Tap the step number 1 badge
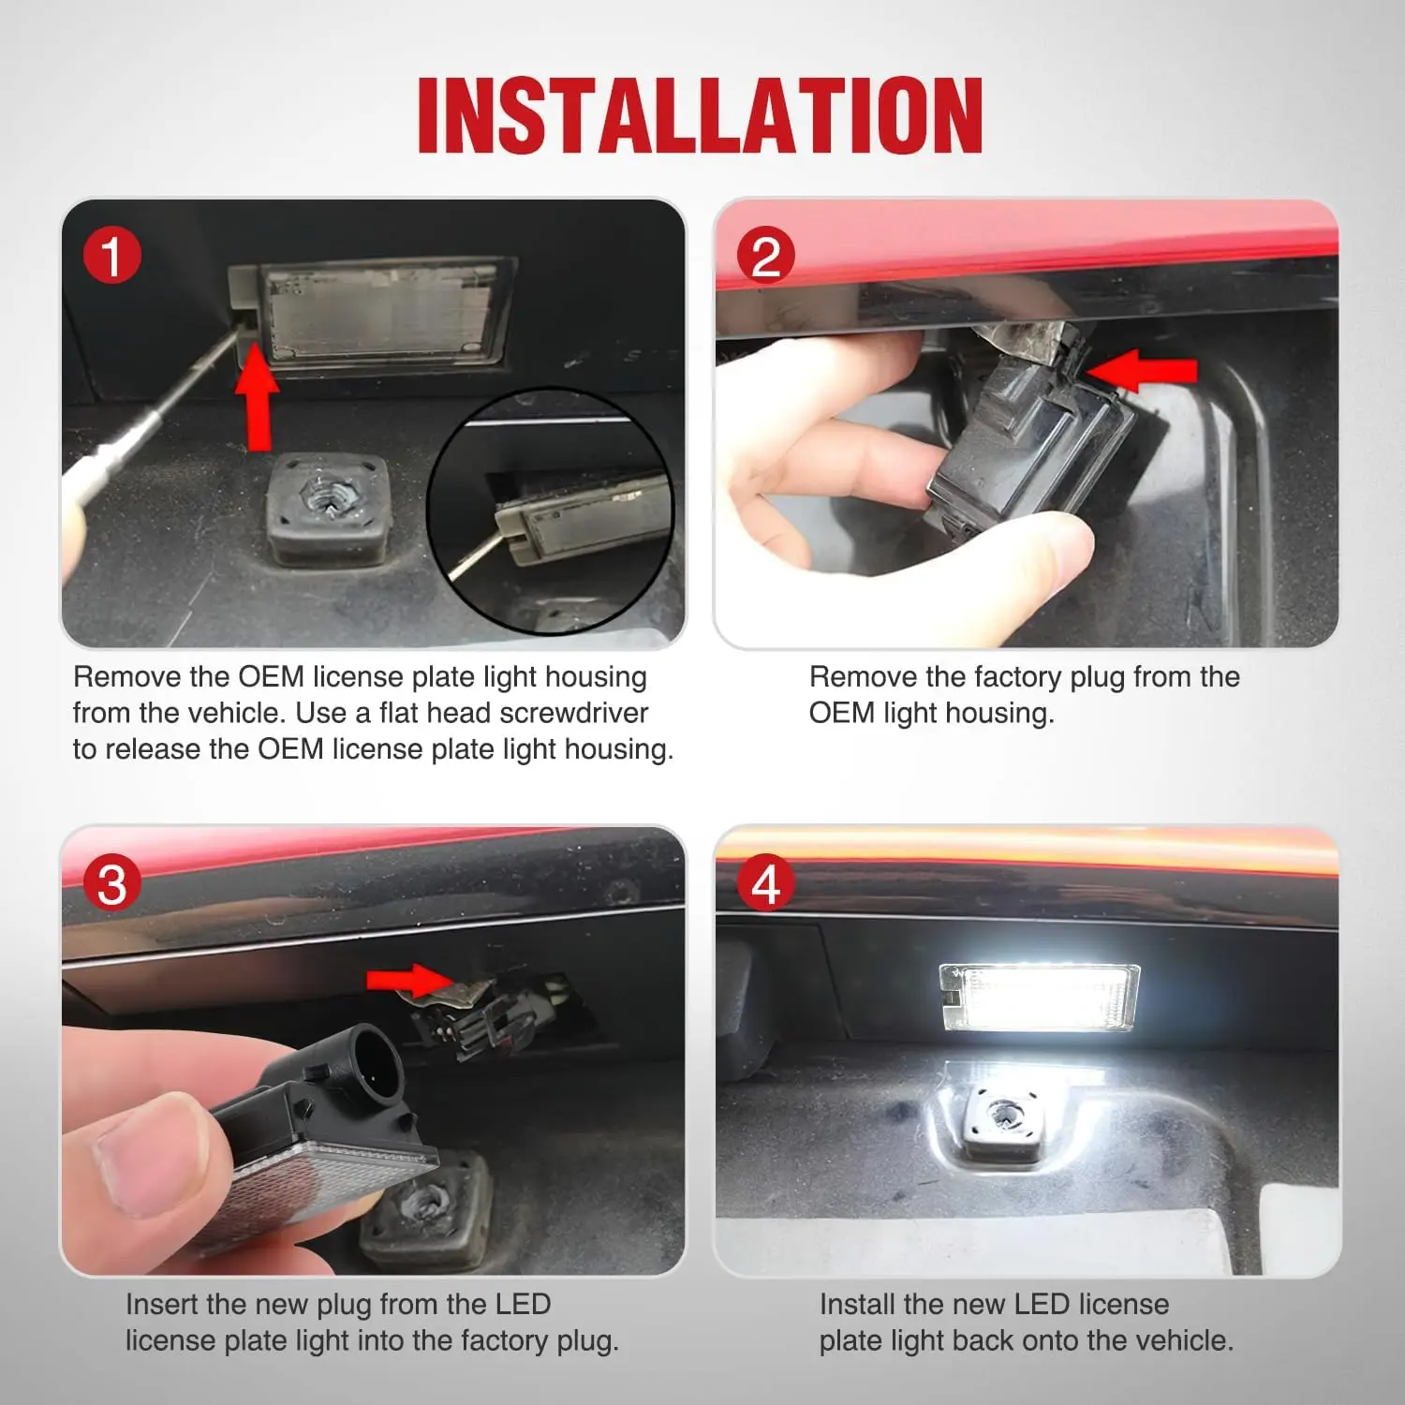111,257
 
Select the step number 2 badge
765,257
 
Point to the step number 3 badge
111,884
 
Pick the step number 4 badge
765,884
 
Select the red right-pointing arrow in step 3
410,980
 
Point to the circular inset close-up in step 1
551,510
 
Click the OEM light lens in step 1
378,314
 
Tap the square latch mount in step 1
326,509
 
